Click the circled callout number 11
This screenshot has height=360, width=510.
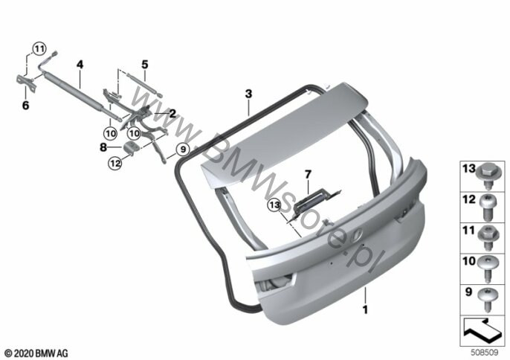tap(39, 49)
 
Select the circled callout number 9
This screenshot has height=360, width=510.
tap(183, 150)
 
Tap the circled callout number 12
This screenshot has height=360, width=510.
tap(115, 163)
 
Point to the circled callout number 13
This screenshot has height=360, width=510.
tap(274, 205)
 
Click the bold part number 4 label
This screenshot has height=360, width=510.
tap(80, 65)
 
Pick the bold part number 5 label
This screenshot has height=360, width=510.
tap(145, 65)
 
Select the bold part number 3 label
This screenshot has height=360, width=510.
tap(248, 94)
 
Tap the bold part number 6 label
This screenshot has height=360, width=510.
tap(25, 106)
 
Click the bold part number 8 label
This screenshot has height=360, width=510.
tap(103, 147)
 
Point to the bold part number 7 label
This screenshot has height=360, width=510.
tap(308, 175)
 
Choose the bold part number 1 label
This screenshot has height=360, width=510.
tap(365, 309)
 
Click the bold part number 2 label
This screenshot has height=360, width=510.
tap(172, 113)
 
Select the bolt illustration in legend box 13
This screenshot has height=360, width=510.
tap(487, 178)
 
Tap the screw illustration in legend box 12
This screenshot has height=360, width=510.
tap(487, 208)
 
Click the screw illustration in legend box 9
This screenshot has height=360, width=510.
tap(487, 299)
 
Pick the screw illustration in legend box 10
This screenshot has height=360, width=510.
tap(487, 269)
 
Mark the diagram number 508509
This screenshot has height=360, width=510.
tap(485, 353)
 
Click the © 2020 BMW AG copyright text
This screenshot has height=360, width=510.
tap(36, 353)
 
